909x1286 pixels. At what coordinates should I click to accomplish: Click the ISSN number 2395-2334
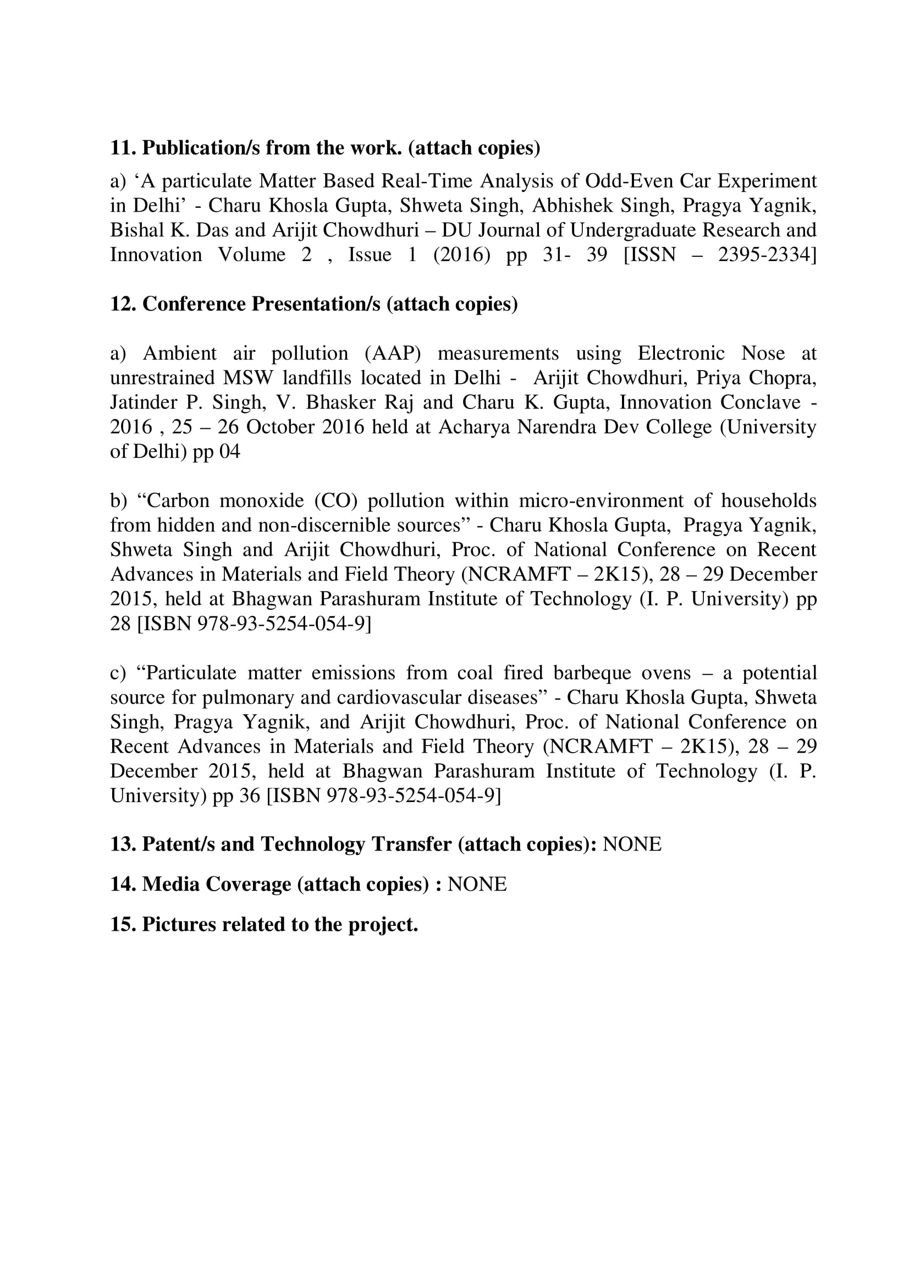pyautogui.click(x=765, y=255)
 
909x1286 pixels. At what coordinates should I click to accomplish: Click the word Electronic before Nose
pyautogui.click(x=680, y=354)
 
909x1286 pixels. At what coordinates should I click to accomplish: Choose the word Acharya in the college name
pyautogui.click(x=473, y=427)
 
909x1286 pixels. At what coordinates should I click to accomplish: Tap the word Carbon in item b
pyautogui.click(x=178, y=501)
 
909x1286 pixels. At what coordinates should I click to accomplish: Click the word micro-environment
pyautogui.click(x=601, y=501)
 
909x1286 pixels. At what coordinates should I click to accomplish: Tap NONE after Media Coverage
pyautogui.click(x=477, y=885)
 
